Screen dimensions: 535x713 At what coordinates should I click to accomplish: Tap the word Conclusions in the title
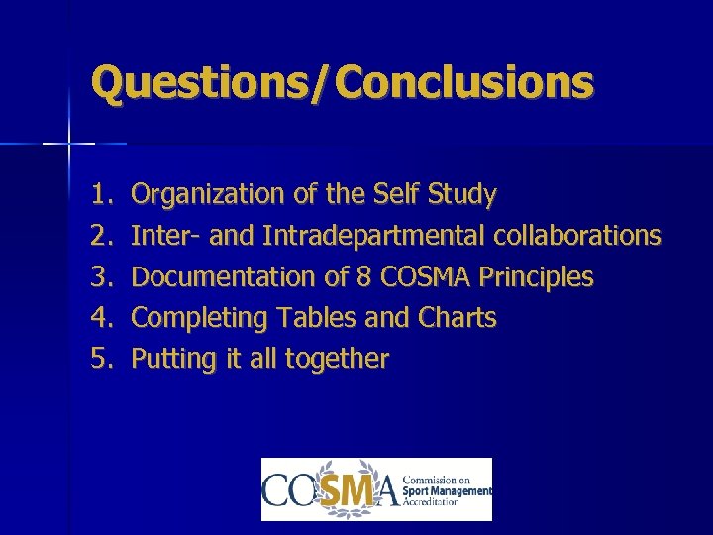pos(465,82)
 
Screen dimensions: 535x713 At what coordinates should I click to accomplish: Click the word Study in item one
pos(462,195)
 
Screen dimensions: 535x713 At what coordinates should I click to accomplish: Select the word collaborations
pos(577,236)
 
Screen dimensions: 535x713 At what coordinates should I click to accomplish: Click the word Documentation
pos(226,276)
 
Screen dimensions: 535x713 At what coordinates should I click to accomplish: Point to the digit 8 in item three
pos(363,276)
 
